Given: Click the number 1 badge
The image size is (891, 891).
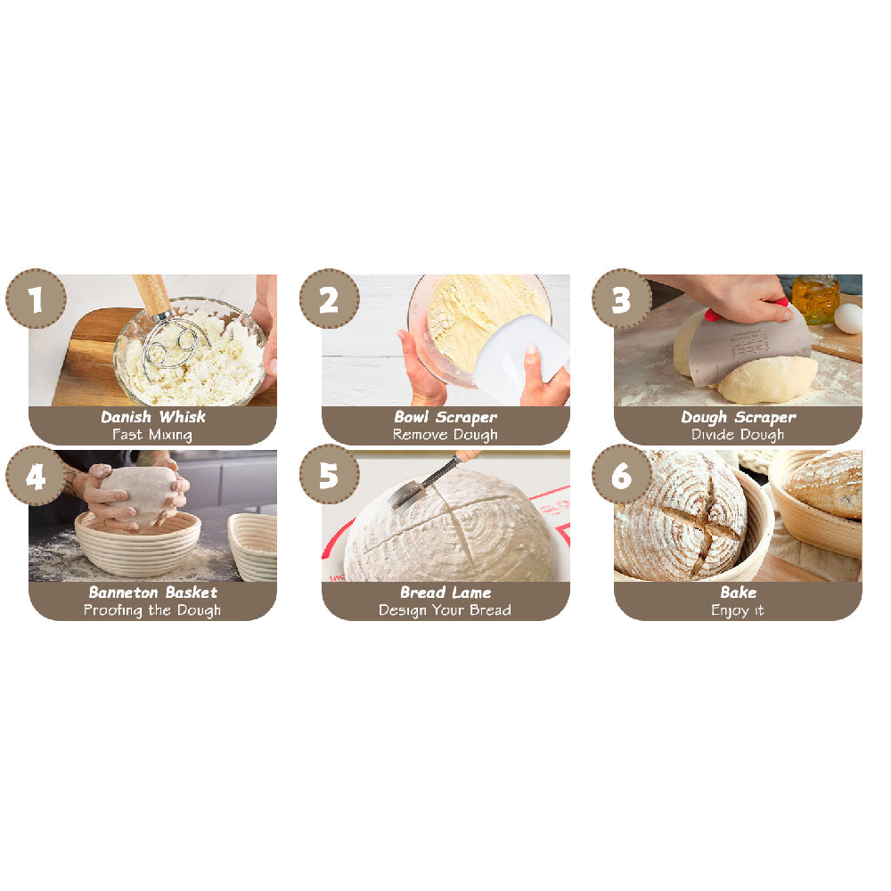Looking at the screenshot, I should click(x=36, y=299).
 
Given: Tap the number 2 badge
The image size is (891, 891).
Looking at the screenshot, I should click(x=329, y=299).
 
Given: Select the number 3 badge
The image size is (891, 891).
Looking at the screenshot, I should click(x=622, y=299).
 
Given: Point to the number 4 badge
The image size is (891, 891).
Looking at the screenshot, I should click(x=36, y=476).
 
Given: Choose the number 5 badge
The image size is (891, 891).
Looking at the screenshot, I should click(x=329, y=476).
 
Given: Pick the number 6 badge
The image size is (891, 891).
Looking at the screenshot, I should click(x=622, y=476).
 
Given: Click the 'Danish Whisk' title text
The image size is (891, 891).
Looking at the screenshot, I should click(x=152, y=417).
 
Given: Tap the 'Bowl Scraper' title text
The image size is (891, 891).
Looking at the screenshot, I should click(x=445, y=417).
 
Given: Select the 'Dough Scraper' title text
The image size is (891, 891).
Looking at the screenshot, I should click(x=738, y=417).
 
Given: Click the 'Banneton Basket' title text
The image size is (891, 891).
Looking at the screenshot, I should click(x=152, y=593).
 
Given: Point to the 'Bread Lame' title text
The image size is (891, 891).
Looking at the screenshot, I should click(x=445, y=593).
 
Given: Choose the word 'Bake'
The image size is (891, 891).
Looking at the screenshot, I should click(x=738, y=593).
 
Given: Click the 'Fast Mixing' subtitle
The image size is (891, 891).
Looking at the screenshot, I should click(x=152, y=435).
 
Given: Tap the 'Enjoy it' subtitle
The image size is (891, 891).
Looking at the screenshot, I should click(x=738, y=610).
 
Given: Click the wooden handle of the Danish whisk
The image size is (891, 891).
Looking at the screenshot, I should click(x=151, y=295).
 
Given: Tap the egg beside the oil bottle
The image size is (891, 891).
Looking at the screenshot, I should click(x=848, y=318).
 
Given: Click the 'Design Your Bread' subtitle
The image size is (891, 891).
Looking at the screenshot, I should click(x=445, y=610).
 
